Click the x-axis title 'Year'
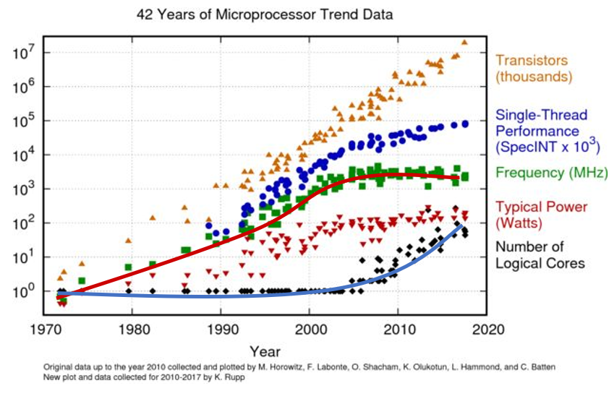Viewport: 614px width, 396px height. [x=265, y=351]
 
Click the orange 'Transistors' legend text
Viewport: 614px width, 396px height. [x=532, y=61]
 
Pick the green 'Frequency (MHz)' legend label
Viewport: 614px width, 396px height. [x=551, y=173]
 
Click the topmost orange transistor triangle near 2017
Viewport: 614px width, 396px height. [x=464, y=42]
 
